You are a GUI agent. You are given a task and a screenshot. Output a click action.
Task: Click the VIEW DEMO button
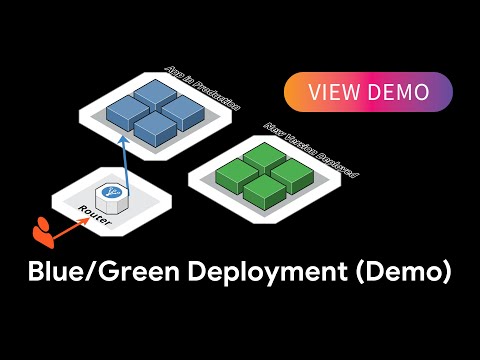[369, 92]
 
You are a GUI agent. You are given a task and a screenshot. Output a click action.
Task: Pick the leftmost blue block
[127, 110]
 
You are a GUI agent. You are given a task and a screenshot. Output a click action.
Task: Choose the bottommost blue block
[155, 126]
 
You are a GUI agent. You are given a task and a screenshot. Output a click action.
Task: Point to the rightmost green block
[292, 171]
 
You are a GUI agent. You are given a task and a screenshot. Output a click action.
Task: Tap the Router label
[94, 214]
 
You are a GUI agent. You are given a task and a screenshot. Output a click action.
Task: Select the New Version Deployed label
[311, 150]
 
